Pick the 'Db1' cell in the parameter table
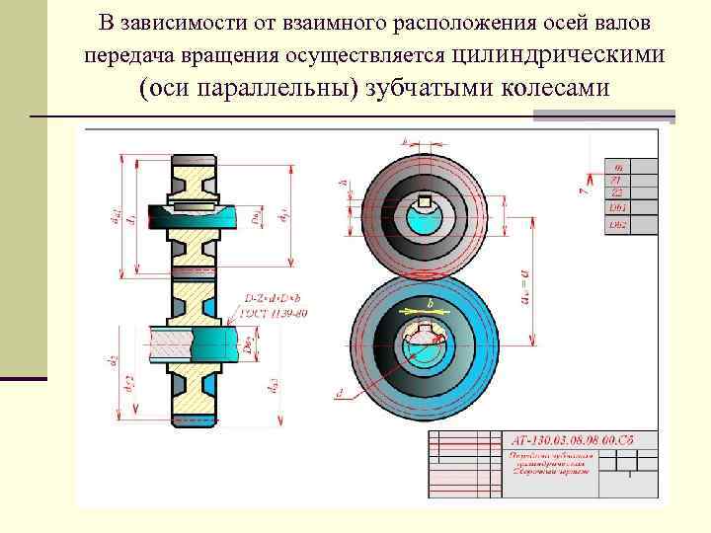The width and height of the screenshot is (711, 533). pos(617,209)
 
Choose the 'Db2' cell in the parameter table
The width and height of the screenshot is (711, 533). pos(617,224)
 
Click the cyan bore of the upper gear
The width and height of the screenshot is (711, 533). pos(426,221)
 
